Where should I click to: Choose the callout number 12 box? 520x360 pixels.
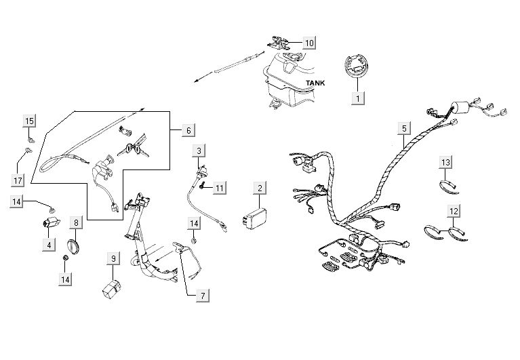454,212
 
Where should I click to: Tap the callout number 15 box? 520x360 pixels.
29,121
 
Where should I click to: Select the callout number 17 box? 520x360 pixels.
18,180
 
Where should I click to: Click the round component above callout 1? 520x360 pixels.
355,68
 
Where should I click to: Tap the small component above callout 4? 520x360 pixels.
49,224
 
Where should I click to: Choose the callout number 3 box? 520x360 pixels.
198,150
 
